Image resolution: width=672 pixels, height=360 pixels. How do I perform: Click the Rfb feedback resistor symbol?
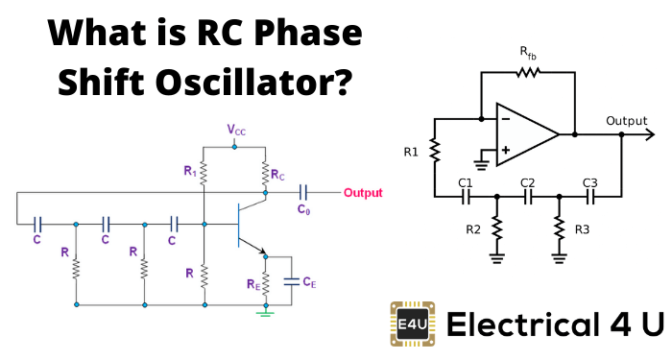pos(528,72)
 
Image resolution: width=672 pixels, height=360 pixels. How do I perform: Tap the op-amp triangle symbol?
pos(527,134)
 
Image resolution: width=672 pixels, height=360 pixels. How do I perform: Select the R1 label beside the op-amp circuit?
pos(411,152)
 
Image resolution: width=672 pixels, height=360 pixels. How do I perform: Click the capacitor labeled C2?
pos(528,197)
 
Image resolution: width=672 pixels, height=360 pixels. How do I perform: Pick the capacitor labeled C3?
pos(590,197)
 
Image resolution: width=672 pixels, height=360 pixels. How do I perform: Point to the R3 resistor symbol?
pos(559,228)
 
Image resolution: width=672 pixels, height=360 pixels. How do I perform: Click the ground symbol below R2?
pos(496,259)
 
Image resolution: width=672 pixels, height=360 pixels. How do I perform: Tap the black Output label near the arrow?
pos(626,121)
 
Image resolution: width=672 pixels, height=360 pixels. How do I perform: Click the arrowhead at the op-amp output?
pos(650,134)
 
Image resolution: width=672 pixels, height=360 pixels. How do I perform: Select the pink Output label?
pos(363,193)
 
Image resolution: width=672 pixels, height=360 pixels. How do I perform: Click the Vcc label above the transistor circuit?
pos(236,130)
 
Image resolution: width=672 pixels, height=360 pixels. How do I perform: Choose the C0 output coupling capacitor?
pos(303,193)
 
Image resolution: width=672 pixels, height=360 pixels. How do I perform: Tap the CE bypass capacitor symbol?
pos(292,281)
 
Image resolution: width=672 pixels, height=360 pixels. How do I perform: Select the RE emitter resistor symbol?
pos(265,283)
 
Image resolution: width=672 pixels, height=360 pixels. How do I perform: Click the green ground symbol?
pos(265,314)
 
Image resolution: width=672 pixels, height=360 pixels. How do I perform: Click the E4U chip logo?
pos(413,324)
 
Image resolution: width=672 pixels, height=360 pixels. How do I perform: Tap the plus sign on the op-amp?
pos(506,150)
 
